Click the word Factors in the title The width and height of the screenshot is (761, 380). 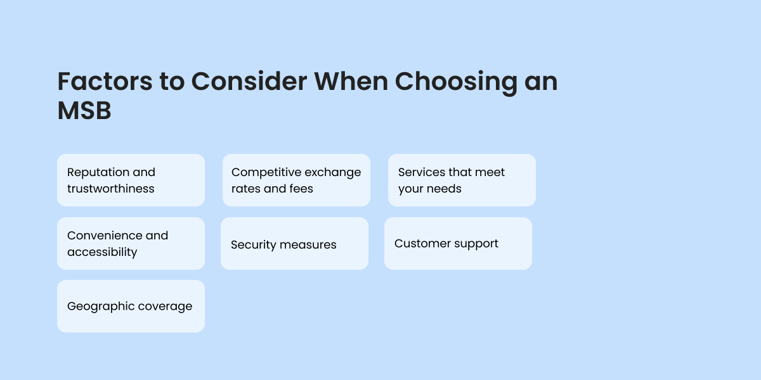pyautogui.click(x=105, y=82)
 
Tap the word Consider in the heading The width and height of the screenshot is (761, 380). pyautogui.click(x=249, y=82)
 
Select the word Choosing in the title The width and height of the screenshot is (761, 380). pyautogui.click(x=456, y=84)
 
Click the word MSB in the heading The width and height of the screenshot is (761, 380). pyautogui.click(x=84, y=111)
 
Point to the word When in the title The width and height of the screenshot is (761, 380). pyautogui.click(x=351, y=82)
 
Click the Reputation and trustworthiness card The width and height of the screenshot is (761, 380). pyautogui.click(x=131, y=180)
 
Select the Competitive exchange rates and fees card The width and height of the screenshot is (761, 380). pyautogui.click(x=296, y=180)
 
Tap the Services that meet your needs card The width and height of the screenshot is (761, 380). pyautogui.click(x=462, y=180)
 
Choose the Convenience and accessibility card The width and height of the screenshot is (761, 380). pyautogui.click(x=131, y=244)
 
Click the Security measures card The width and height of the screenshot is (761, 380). pyautogui.click(x=294, y=244)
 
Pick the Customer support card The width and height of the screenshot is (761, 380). pyautogui.click(x=458, y=244)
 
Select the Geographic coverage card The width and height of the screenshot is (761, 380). pyautogui.click(x=131, y=306)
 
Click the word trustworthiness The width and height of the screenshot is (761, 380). pyautogui.click(x=111, y=189)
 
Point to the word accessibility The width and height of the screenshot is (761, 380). pyautogui.click(x=102, y=252)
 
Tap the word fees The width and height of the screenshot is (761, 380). pyautogui.click(x=302, y=189)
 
